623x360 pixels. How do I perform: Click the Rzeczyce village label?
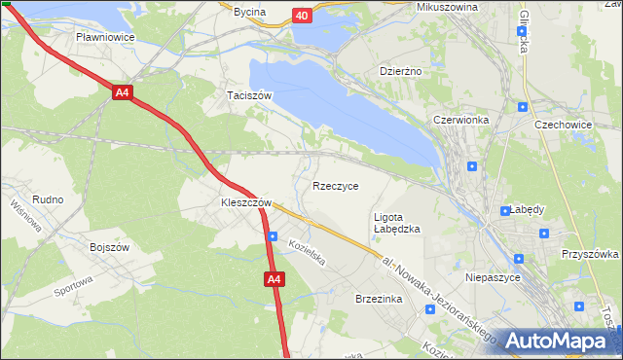point(335,186)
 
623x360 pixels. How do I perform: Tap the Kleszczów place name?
point(238,203)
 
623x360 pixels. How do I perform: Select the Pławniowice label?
point(105,37)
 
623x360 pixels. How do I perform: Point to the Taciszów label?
point(248,95)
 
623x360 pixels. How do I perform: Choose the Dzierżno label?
point(398,71)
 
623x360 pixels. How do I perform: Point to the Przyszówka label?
point(590,254)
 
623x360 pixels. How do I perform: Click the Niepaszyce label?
point(495,277)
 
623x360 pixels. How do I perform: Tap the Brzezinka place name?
point(380,301)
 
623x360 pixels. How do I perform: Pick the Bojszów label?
point(110,248)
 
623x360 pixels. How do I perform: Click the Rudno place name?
point(48,199)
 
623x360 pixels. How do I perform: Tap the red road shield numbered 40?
point(303,16)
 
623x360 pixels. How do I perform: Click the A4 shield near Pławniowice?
point(122,93)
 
